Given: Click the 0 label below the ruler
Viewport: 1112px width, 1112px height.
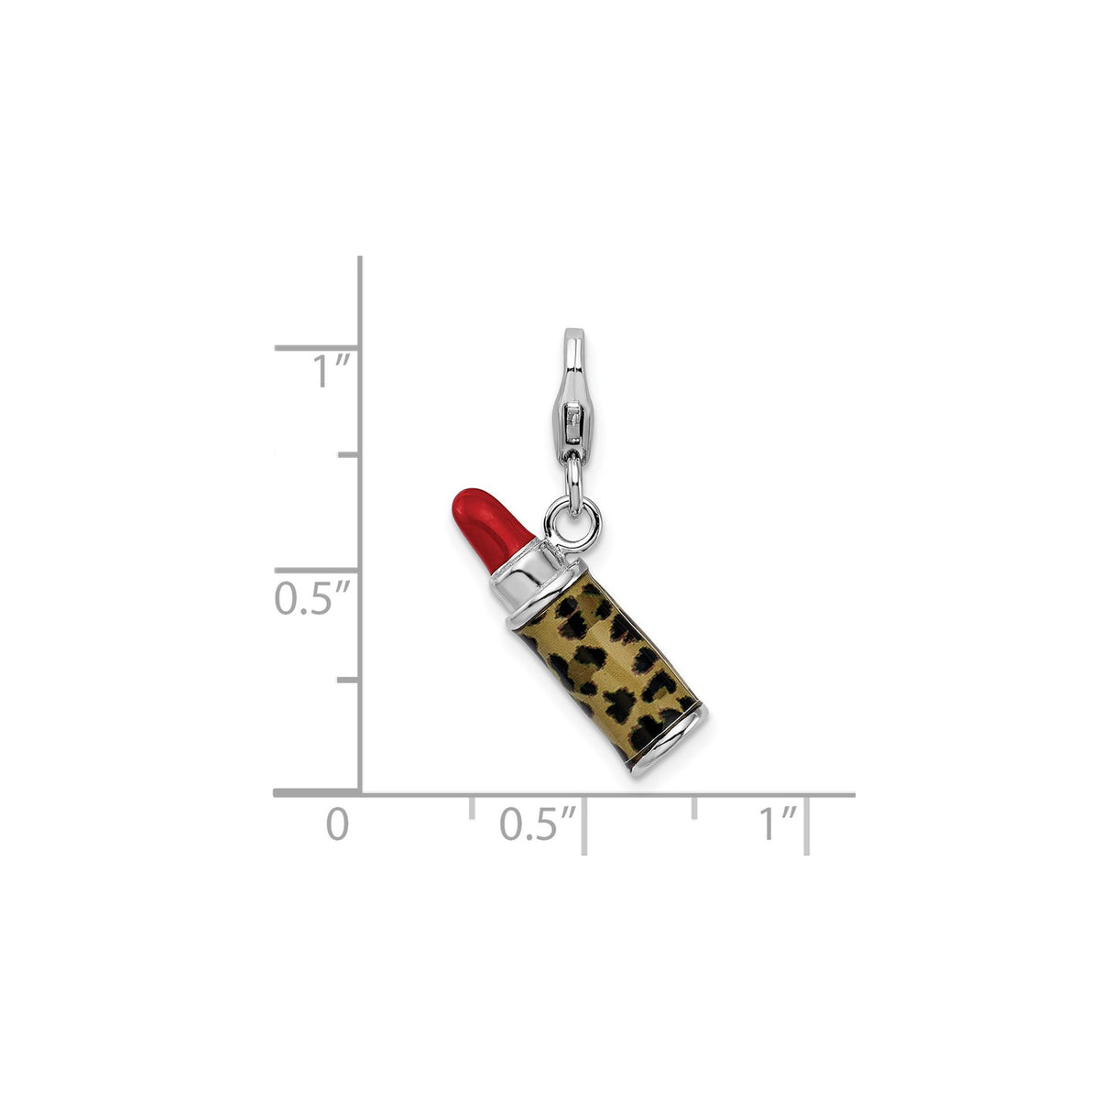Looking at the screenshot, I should pyautogui.click(x=338, y=823).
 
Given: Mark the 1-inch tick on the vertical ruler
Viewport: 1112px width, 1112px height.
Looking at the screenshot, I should pyautogui.click(x=316, y=348).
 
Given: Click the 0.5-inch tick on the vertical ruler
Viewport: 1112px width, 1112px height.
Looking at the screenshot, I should pyautogui.click(x=316, y=570).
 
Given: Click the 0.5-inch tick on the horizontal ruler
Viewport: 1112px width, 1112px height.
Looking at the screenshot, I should pyautogui.click(x=584, y=824).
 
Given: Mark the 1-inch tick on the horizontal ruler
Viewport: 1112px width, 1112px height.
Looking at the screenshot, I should pyautogui.click(x=807, y=824).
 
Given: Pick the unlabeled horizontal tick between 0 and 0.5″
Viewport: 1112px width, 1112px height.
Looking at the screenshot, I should pyautogui.click(x=472, y=807).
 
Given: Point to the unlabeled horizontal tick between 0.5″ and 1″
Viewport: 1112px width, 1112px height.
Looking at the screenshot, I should pyautogui.click(x=694, y=807).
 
